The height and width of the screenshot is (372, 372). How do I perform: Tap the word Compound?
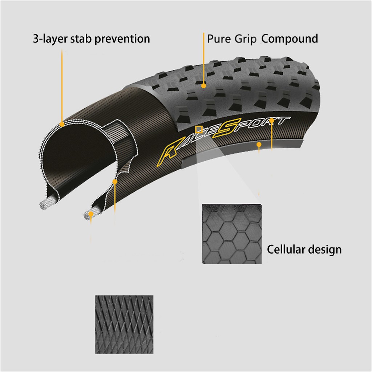click(x=290, y=39)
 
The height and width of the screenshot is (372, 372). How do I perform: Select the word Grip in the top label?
click(x=245, y=39)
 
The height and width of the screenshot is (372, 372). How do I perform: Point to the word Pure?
click(x=219, y=39)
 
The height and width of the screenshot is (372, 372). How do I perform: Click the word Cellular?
click(x=286, y=250)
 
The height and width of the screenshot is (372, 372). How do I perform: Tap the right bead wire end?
click(x=88, y=215)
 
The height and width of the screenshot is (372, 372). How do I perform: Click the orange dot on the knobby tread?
click(x=204, y=86)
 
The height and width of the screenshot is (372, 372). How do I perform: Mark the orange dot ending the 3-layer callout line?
click(x=62, y=124)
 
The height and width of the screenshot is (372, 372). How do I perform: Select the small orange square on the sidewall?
click(x=199, y=129)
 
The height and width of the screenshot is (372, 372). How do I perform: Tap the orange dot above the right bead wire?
click(x=115, y=181)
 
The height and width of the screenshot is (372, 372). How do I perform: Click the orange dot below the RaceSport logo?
click(x=259, y=145)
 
